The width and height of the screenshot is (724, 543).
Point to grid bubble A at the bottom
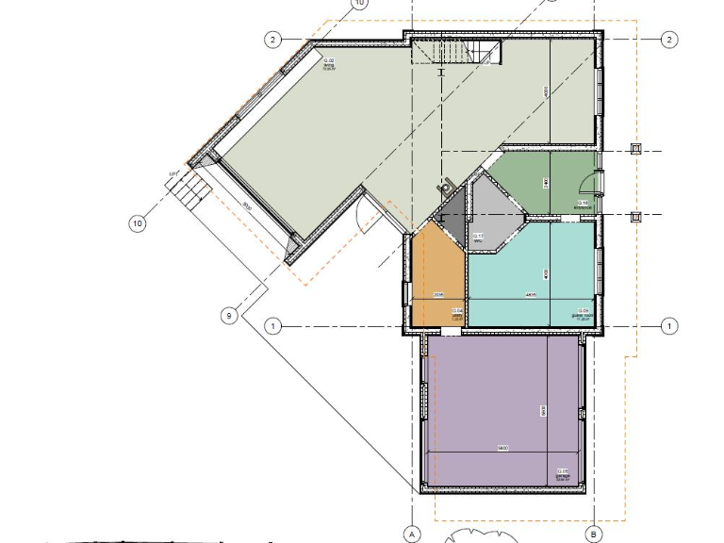point(411,534)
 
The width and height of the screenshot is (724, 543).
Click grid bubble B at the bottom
point(594,534)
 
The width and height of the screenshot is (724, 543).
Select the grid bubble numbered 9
point(228,317)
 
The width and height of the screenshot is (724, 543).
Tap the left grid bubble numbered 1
point(273,326)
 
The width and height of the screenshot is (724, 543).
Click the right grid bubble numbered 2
point(669,40)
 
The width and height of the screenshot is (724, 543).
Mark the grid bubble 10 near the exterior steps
point(138,223)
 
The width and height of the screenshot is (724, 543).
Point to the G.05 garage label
point(563,473)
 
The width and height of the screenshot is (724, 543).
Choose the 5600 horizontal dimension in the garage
point(503,449)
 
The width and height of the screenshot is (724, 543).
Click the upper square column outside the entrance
point(636,149)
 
